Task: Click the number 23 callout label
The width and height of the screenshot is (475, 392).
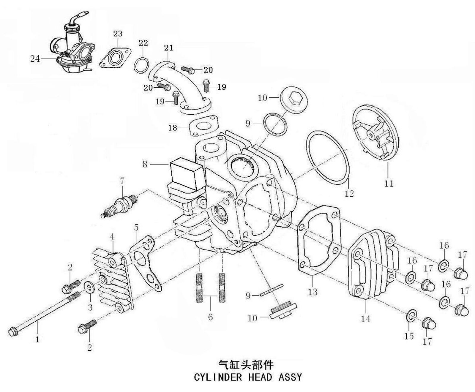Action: (x=118, y=34)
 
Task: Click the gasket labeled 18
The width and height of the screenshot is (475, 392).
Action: (x=205, y=126)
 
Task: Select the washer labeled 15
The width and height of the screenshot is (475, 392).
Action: (x=411, y=315)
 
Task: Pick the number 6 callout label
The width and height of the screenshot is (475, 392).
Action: (x=210, y=317)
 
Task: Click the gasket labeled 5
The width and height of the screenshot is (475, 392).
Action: (x=145, y=261)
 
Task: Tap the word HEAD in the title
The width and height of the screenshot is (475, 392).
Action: (x=260, y=377)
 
